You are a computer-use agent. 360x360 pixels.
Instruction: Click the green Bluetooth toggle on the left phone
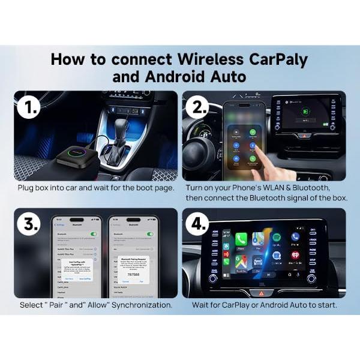pyautogui.click(x=92, y=234)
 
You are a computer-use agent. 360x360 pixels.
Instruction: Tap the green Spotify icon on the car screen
pyautogui.click(x=276, y=238)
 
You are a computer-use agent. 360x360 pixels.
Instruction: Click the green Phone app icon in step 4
pyautogui.click(x=241, y=238)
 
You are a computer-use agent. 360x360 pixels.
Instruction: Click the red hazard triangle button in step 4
pyautogui.click(x=260, y=293)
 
